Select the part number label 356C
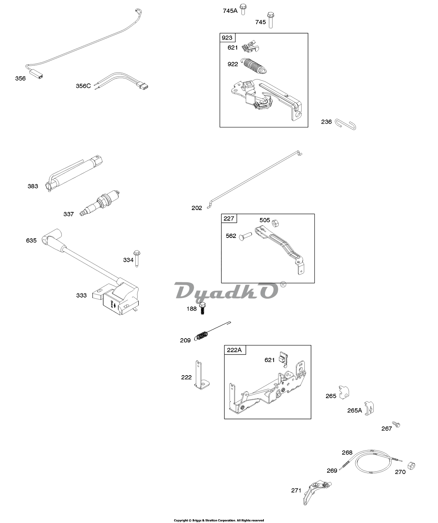coord(83,86)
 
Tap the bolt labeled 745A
coord(243,9)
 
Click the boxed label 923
coord(227,38)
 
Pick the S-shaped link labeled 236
coord(346,124)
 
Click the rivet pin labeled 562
coord(245,236)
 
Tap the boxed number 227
coord(229,218)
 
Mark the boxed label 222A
coord(235,350)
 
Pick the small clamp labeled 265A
coord(369,408)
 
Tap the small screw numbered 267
coord(396,424)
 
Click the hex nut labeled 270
coord(411,466)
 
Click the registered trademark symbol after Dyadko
coord(283,285)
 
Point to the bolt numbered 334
coord(137,259)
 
